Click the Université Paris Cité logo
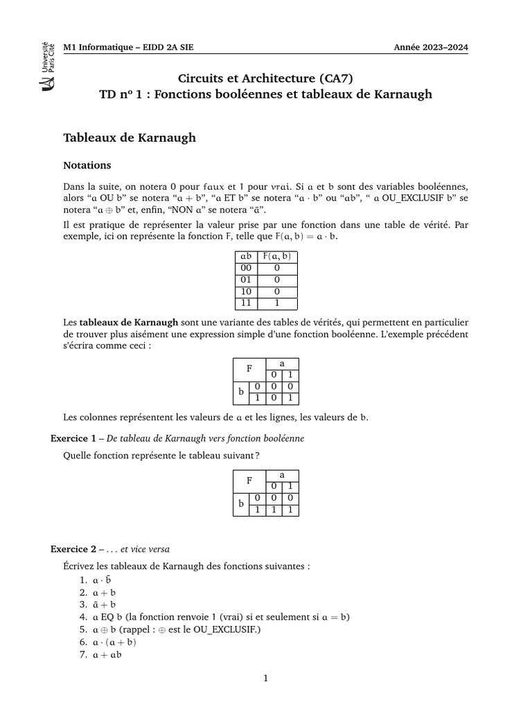48,66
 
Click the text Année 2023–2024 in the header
431,48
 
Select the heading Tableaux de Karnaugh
130,138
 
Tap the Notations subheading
87,165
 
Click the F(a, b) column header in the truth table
277,257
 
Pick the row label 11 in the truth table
245,303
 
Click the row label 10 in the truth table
245,291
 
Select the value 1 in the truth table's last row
277,303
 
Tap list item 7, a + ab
107,654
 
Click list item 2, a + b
105,592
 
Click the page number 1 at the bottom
265,679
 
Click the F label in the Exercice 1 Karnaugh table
249,480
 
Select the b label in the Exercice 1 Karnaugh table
240,503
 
